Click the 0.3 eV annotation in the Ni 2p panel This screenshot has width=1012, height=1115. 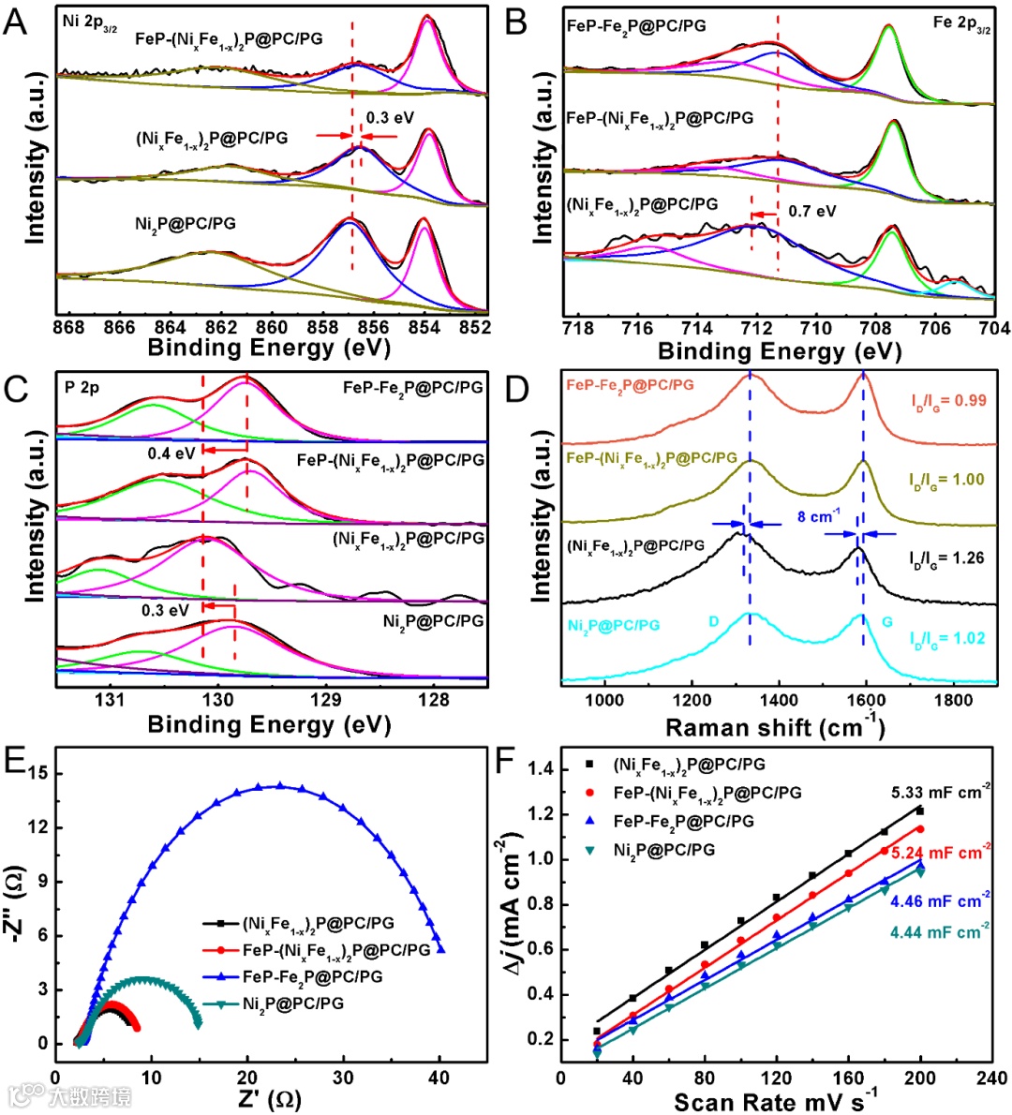pos(390,119)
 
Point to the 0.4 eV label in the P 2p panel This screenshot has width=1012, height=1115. pos(171,453)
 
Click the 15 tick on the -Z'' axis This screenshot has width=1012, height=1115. pos(37,774)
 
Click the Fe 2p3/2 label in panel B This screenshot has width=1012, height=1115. pos(961,24)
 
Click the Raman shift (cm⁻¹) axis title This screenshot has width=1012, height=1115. pos(774,728)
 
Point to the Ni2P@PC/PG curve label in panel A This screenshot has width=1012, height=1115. pos(186,224)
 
